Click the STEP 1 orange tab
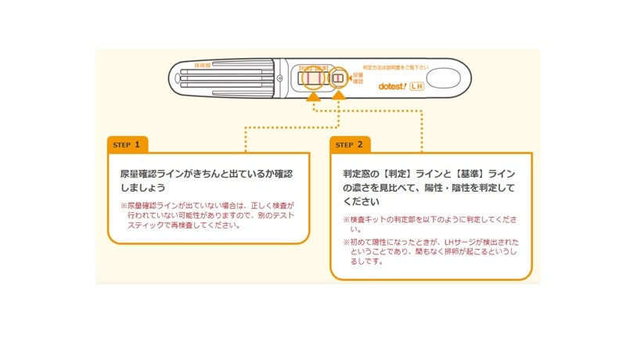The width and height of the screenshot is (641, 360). tap(127, 145)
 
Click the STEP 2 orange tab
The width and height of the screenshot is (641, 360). tap(350, 145)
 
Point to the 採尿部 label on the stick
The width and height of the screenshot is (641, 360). tap(203, 65)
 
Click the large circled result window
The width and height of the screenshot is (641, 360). tap(313, 78)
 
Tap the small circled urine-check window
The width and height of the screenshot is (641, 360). tap(338, 79)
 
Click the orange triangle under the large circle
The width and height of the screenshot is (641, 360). tap(313, 96)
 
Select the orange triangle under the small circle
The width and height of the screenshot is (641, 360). tap(338, 96)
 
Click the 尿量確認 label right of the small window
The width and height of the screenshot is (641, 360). tap(358, 78)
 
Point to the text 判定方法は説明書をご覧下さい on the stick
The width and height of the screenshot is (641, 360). tap(397, 68)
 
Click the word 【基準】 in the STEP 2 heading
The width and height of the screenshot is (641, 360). tap(452, 173)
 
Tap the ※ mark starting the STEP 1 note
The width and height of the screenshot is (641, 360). tap(123, 207)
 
